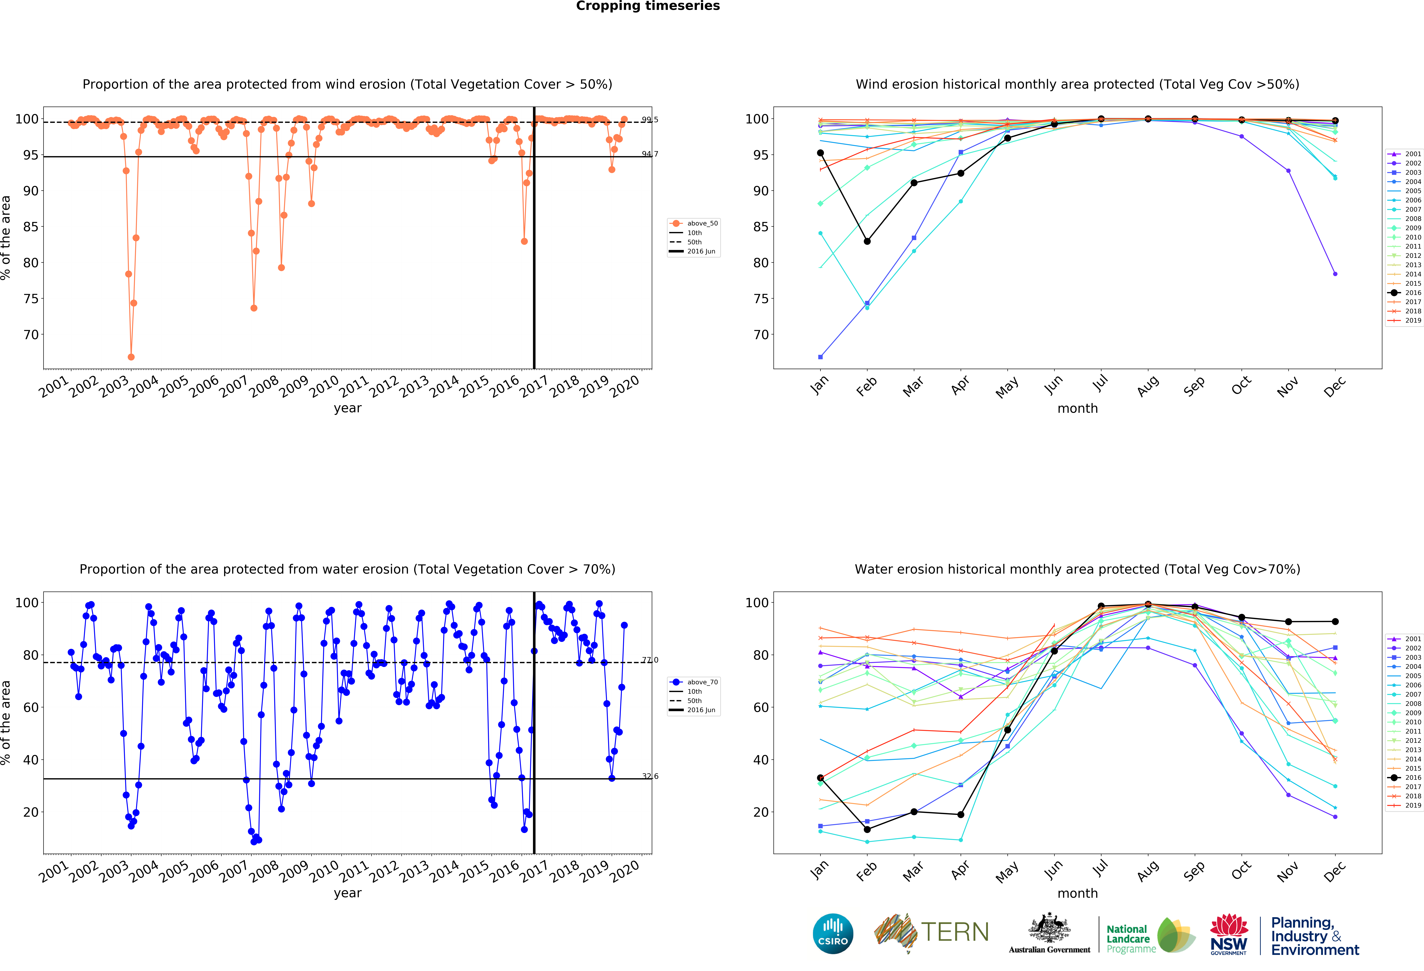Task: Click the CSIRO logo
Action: (833, 934)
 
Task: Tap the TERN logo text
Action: (955, 932)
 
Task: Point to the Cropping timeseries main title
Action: (648, 6)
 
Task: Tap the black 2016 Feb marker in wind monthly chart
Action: (867, 242)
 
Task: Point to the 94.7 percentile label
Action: (650, 154)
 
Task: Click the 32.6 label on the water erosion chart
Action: (650, 776)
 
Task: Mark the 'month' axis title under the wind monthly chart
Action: (1077, 408)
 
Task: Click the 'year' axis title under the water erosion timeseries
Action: (347, 893)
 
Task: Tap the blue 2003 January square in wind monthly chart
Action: (820, 357)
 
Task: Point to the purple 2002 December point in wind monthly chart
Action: (1335, 274)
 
